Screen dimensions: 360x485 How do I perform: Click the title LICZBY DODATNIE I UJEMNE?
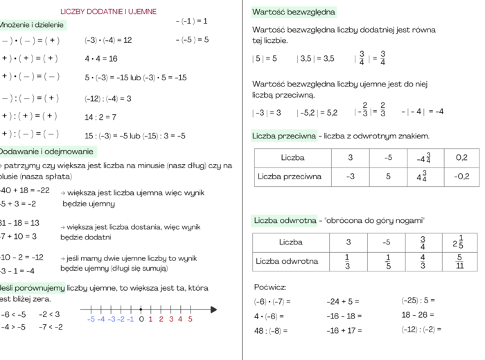tap(109, 12)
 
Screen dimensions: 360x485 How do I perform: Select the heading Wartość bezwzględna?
tap(294, 12)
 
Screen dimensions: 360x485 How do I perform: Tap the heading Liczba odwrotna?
tap(285, 221)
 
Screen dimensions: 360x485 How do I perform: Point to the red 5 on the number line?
tap(190, 319)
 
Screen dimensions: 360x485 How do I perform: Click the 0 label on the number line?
tap(141, 319)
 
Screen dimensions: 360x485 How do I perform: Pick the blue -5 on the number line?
tap(91, 319)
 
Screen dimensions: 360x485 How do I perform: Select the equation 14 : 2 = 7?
tap(100, 117)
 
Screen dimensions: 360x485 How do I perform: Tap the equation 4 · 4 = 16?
tap(101, 59)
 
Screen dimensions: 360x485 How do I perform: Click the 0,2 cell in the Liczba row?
tap(462, 158)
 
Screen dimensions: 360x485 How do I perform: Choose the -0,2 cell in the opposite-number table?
tap(462, 177)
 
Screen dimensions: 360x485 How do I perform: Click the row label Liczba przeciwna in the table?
tap(289, 177)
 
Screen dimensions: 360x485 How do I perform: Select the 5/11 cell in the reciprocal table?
tap(459, 262)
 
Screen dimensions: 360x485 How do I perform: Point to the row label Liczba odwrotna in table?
tap(287, 262)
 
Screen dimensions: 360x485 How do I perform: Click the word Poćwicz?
tap(270, 287)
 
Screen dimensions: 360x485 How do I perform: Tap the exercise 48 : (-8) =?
tap(272, 330)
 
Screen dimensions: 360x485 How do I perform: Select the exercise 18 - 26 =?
tap(418, 315)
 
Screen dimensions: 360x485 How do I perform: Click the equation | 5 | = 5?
tap(265, 59)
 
